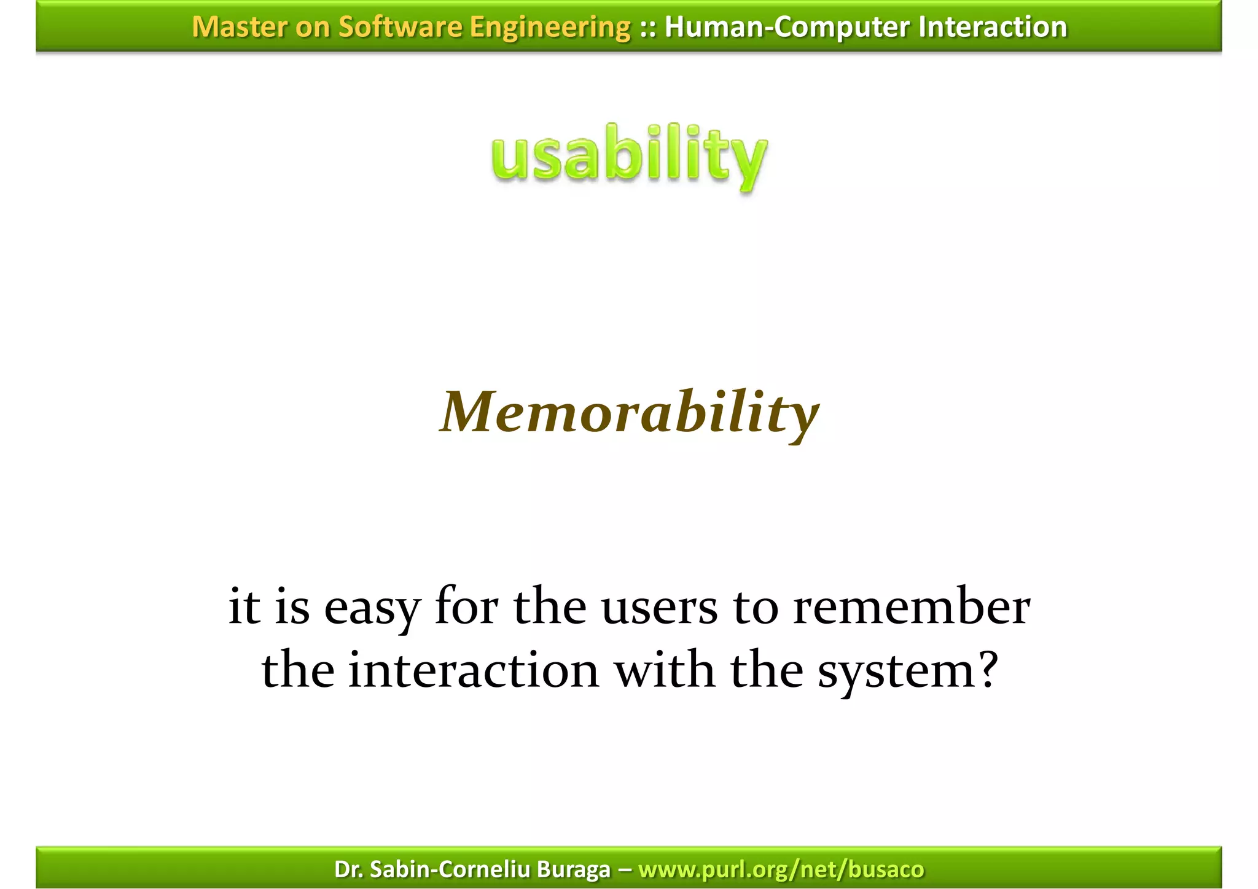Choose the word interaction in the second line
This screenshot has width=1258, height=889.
click(x=473, y=670)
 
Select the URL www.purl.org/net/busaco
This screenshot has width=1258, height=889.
click(x=781, y=869)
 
